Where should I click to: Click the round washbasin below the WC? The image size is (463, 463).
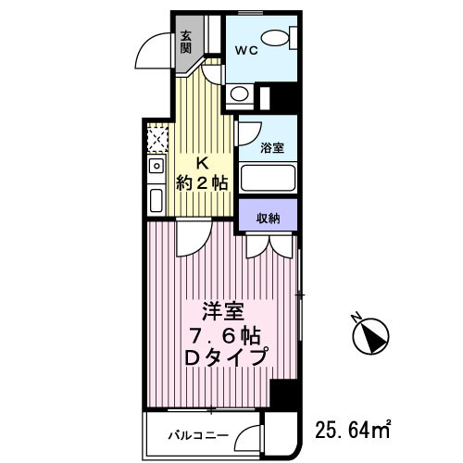[x=239, y=93]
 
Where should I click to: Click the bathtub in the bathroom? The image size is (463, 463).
[x=268, y=177]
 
